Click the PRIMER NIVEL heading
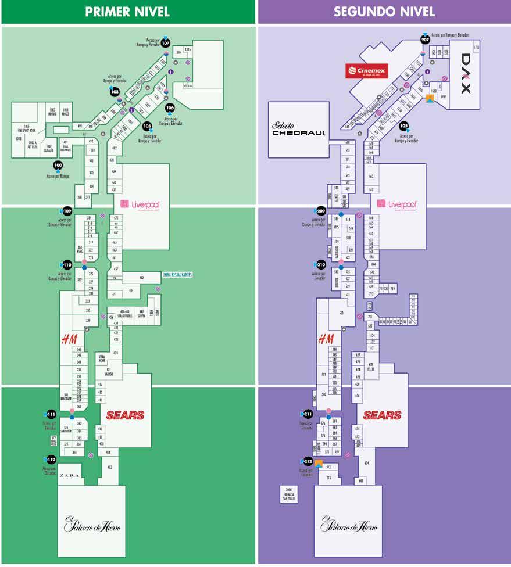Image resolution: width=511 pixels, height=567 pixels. (x=127, y=12)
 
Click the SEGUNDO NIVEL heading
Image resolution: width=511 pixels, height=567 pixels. (x=384, y=12)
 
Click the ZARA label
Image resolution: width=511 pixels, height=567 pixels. (x=70, y=475)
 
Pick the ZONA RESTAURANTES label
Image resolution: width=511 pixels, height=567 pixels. (x=177, y=274)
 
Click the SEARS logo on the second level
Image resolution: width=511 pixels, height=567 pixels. (x=382, y=415)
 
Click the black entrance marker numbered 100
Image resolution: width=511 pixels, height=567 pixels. (x=58, y=165)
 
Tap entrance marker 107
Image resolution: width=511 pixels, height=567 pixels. (x=166, y=43)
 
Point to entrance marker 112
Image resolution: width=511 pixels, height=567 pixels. (x=51, y=460)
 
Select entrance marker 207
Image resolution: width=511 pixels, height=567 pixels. (x=425, y=40)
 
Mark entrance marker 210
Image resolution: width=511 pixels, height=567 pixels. (x=321, y=264)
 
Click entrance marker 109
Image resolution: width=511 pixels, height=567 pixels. (x=67, y=211)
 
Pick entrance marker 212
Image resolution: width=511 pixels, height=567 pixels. (x=308, y=462)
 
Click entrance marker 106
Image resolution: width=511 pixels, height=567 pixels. (x=170, y=107)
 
